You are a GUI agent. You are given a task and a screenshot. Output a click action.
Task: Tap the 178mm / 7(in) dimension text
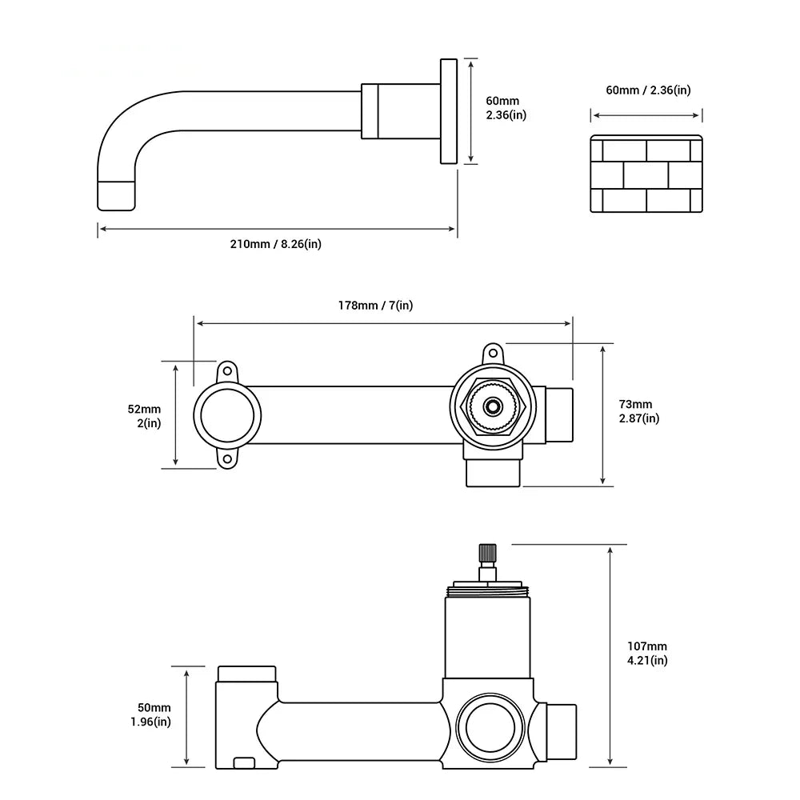tap(374, 305)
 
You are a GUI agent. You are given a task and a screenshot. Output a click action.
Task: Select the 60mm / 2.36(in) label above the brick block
tap(648, 90)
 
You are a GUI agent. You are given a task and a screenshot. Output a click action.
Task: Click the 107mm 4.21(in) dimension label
tap(648, 653)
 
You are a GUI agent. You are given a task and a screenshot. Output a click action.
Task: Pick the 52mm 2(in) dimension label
tap(145, 416)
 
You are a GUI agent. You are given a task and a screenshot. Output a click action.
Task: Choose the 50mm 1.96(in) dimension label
tap(151, 715)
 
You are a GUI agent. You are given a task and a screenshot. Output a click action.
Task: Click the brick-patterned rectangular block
tap(646, 174)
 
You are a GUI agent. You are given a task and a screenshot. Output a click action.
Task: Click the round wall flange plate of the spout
tap(448, 110)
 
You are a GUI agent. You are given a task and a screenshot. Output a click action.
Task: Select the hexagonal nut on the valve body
tap(493, 406)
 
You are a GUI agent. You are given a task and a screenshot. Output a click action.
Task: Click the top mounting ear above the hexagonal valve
tap(492, 352)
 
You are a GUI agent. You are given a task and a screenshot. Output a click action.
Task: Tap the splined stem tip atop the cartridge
tap(487, 553)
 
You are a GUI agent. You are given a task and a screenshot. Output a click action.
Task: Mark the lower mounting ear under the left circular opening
tap(228, 460)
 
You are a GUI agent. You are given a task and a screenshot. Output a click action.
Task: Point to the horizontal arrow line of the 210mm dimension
tap(277, 229)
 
